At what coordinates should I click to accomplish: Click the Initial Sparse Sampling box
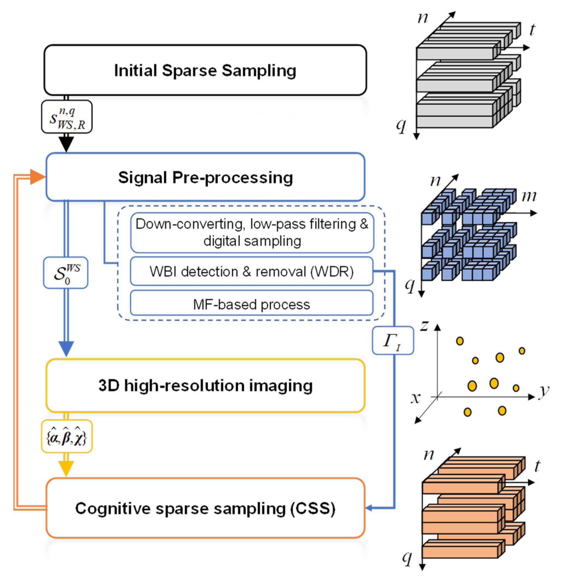205,70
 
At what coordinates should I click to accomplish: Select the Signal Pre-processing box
205,177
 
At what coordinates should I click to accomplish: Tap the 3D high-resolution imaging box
205,385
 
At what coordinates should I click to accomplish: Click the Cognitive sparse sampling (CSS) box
205,508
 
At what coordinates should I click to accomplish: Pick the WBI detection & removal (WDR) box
251,271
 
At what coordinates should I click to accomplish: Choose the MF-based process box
251,304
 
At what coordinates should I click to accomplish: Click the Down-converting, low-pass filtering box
252,232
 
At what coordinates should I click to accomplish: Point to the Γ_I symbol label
392,341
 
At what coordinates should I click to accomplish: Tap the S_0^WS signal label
66,273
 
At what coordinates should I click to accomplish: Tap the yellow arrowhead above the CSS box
66,469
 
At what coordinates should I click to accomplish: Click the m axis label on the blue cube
529,196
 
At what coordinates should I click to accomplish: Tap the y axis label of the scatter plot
544,391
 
